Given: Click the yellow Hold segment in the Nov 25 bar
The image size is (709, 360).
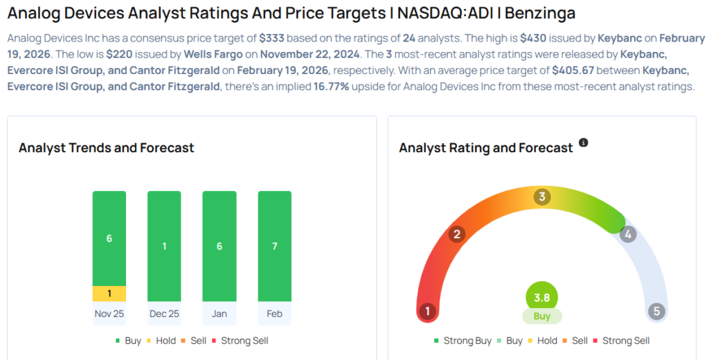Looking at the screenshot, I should click(109, 294).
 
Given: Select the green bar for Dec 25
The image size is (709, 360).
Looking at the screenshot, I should click(164, 246).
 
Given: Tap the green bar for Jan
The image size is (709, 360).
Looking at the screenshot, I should click(219, 246).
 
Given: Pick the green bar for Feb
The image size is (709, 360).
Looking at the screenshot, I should click(274, 246).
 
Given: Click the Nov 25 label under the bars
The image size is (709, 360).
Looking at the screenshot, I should click(109, 314).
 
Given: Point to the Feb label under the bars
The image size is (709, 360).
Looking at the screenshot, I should click(274, 314).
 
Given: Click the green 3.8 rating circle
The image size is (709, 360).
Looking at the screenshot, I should click(541, 298).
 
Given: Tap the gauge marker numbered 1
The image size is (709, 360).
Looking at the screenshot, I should click(428, 311).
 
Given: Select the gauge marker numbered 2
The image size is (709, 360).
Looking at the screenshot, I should click(456, 234).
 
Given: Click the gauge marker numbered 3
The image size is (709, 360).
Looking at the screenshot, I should click(542, 197).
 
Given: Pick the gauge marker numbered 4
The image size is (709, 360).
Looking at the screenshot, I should click(628, 234).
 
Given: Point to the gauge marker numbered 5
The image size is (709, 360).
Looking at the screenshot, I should click(656, 311).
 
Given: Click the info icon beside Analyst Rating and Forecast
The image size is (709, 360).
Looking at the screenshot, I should click(583, 143).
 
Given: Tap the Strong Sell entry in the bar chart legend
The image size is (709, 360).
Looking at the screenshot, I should click(240, 341).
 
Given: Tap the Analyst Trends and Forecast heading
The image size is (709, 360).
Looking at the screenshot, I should click(106, 147).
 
